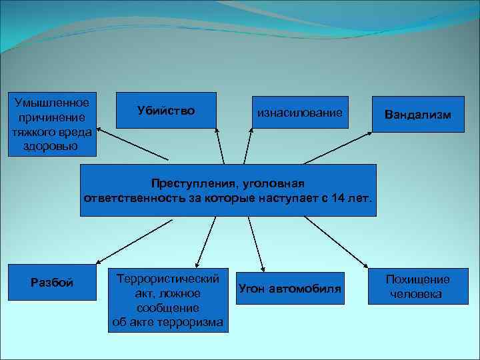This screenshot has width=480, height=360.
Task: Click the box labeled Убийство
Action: coord(166,110)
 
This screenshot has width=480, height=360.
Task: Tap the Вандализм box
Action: coord(417,115)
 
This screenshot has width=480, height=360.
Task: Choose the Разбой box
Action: coord(52,283)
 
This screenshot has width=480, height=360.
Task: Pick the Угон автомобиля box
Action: coord(289,289)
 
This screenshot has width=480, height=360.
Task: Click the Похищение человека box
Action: coord(417,287)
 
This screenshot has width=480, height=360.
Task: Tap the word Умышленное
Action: coord(52,102)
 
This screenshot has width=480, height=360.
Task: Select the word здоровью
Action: coord(52,146)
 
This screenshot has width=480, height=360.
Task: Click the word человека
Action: coord(417,294)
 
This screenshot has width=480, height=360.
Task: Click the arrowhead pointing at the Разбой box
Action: coord(97,262)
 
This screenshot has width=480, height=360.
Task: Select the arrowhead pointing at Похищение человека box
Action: coord(366,267)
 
